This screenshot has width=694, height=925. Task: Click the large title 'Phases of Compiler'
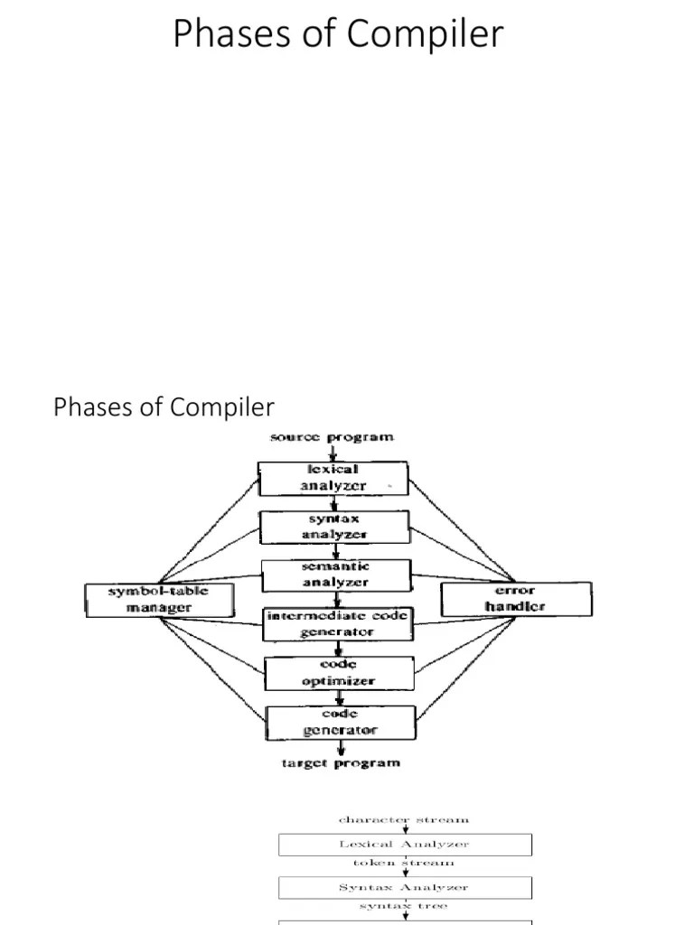click(338, 33)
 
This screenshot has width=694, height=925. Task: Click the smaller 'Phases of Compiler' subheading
click(164, 407)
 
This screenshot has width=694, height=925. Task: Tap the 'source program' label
click(333, 437)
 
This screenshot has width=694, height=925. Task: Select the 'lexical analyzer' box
click(333, 478)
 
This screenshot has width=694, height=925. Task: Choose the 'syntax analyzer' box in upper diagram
click(334, 526)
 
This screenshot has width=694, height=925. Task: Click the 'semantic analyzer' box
click(335, 575)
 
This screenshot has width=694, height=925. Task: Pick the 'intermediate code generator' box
click(337, 623)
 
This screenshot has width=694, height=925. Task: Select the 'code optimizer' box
click(339, 673)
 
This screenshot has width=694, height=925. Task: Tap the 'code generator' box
click(339, 722)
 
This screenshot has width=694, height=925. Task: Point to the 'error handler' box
click(516, 599)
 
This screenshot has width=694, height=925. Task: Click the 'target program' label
click(339, 763)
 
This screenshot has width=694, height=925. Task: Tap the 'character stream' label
click(404, 820)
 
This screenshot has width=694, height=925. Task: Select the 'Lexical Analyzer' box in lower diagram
click(404, 845)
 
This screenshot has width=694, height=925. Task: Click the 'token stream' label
click(404, 864)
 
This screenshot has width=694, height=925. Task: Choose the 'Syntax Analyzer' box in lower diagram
click(404, 887)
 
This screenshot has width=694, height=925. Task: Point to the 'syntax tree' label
click(404, 906)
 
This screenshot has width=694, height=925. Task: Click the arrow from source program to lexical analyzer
click(333, 453)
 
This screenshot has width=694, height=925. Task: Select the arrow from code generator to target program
click(341, 748)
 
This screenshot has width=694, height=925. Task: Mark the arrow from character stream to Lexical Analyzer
click(405, 829)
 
